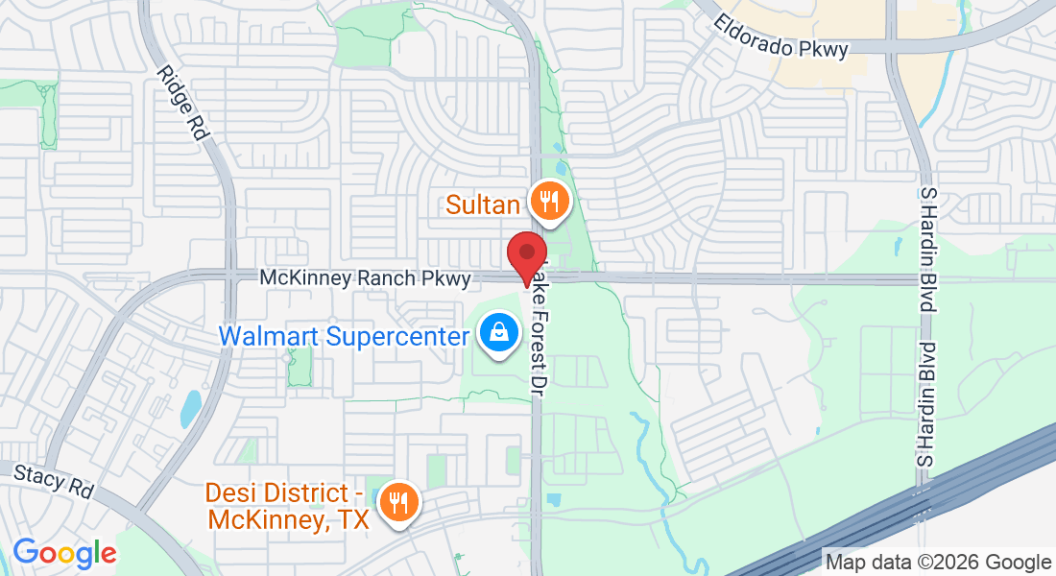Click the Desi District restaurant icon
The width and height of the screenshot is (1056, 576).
tap(397, 501)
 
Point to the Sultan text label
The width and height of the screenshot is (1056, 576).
tap(483, 204)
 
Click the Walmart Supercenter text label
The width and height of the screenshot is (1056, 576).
tap(345, 337)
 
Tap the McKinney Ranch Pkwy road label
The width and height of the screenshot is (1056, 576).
tap(366, 278)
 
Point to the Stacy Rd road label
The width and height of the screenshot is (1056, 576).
tap(55, 479)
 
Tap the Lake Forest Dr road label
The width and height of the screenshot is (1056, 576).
tap(537, 326)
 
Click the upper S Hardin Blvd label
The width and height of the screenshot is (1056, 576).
tap(927, 247)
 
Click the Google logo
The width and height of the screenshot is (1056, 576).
tap(64, 553)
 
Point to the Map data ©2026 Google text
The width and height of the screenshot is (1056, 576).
tap(939, 563)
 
